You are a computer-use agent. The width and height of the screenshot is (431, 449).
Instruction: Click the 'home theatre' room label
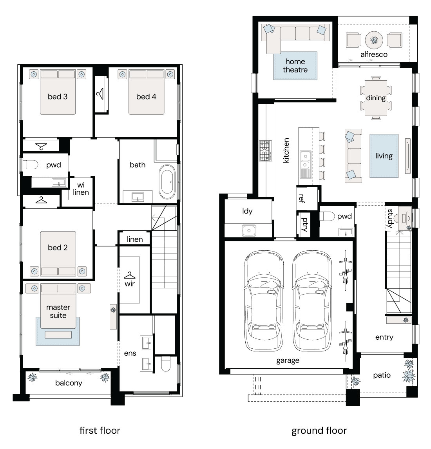point(295,65)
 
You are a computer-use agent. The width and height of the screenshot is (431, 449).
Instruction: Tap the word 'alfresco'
point(374,54)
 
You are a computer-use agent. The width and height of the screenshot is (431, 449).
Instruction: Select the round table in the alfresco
point(374,40)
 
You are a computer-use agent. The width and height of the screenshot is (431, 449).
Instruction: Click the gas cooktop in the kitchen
point(266,150)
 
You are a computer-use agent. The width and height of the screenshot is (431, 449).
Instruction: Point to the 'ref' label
point(302,198)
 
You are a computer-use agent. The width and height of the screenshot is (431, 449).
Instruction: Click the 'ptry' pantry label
point(304,225)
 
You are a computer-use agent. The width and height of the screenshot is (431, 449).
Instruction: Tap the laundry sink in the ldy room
point(249,230)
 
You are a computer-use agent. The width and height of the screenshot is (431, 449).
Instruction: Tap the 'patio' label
point(382,375)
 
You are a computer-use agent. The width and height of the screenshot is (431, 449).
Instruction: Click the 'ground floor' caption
point(319,431)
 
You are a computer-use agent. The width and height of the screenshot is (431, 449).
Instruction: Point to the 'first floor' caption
point(100,430)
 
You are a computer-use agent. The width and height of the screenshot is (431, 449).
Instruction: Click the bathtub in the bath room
point(167,182)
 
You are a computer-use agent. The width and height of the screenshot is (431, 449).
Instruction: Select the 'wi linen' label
point(81,189)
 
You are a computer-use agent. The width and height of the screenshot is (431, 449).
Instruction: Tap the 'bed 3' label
point(58,97)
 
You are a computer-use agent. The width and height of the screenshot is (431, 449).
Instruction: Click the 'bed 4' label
point(146,97)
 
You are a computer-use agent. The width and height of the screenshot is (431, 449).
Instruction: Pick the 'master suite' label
point(58,311)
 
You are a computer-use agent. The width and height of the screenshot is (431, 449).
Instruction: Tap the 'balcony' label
point(69,383)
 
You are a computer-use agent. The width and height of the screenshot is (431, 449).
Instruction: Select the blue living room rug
point(384,156)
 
